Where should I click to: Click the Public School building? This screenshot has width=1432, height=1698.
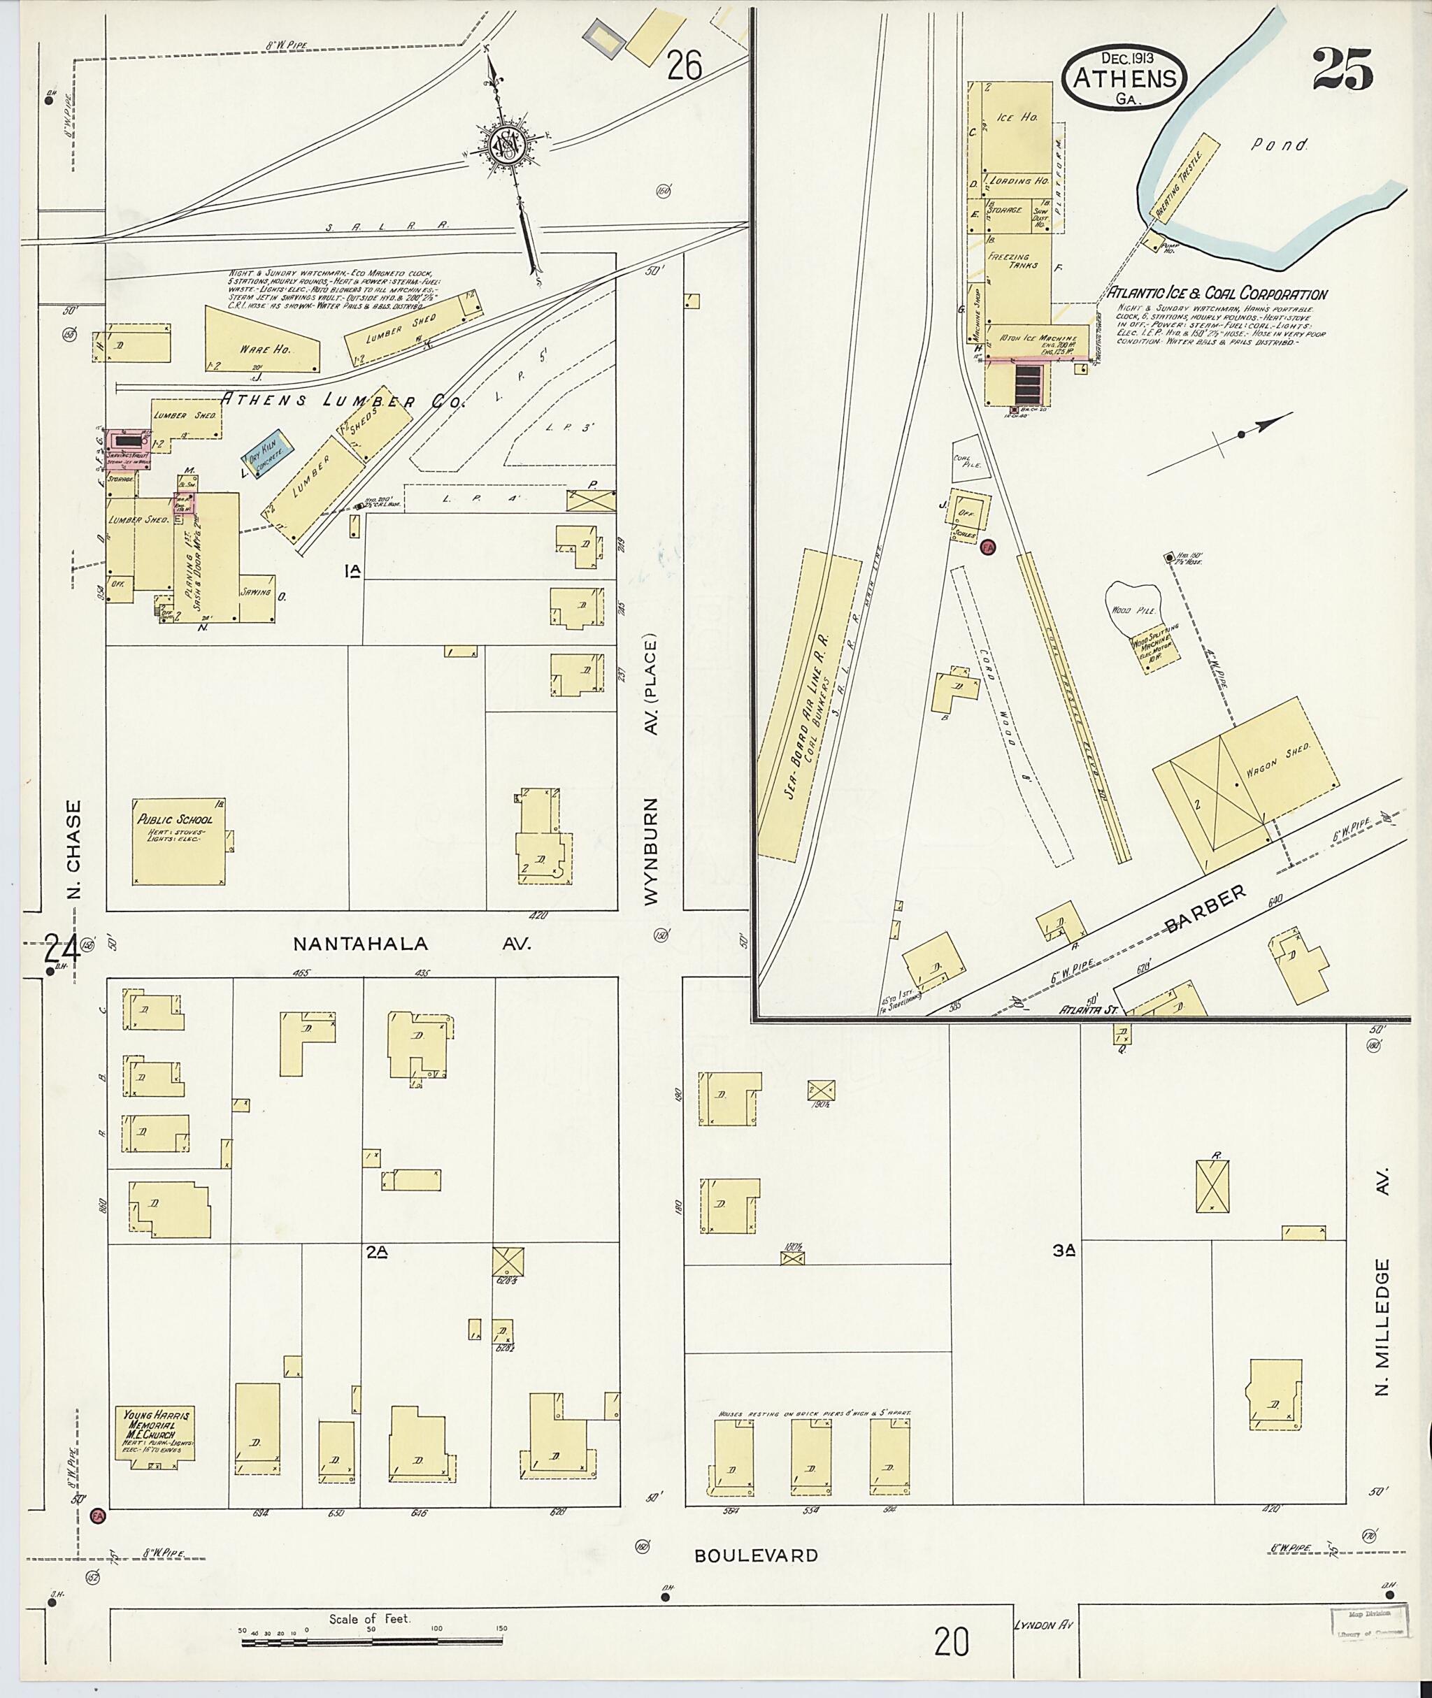(x=178, y=840)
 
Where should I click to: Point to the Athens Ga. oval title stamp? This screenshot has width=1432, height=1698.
(x=1124, y=77)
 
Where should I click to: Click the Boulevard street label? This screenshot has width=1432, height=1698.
(x=756, y=1555)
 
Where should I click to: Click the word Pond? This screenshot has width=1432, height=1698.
(x=1280, y=146)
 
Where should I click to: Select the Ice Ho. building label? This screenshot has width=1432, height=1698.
(x=1019, y=117)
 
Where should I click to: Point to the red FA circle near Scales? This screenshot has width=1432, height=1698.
(x=988, y=547)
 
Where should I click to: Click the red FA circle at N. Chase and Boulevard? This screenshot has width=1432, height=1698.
(x=97, y=1516)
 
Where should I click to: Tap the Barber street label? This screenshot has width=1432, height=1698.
(x=1205, y=908)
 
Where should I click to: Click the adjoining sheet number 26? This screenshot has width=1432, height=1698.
(x=684, y=66)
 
